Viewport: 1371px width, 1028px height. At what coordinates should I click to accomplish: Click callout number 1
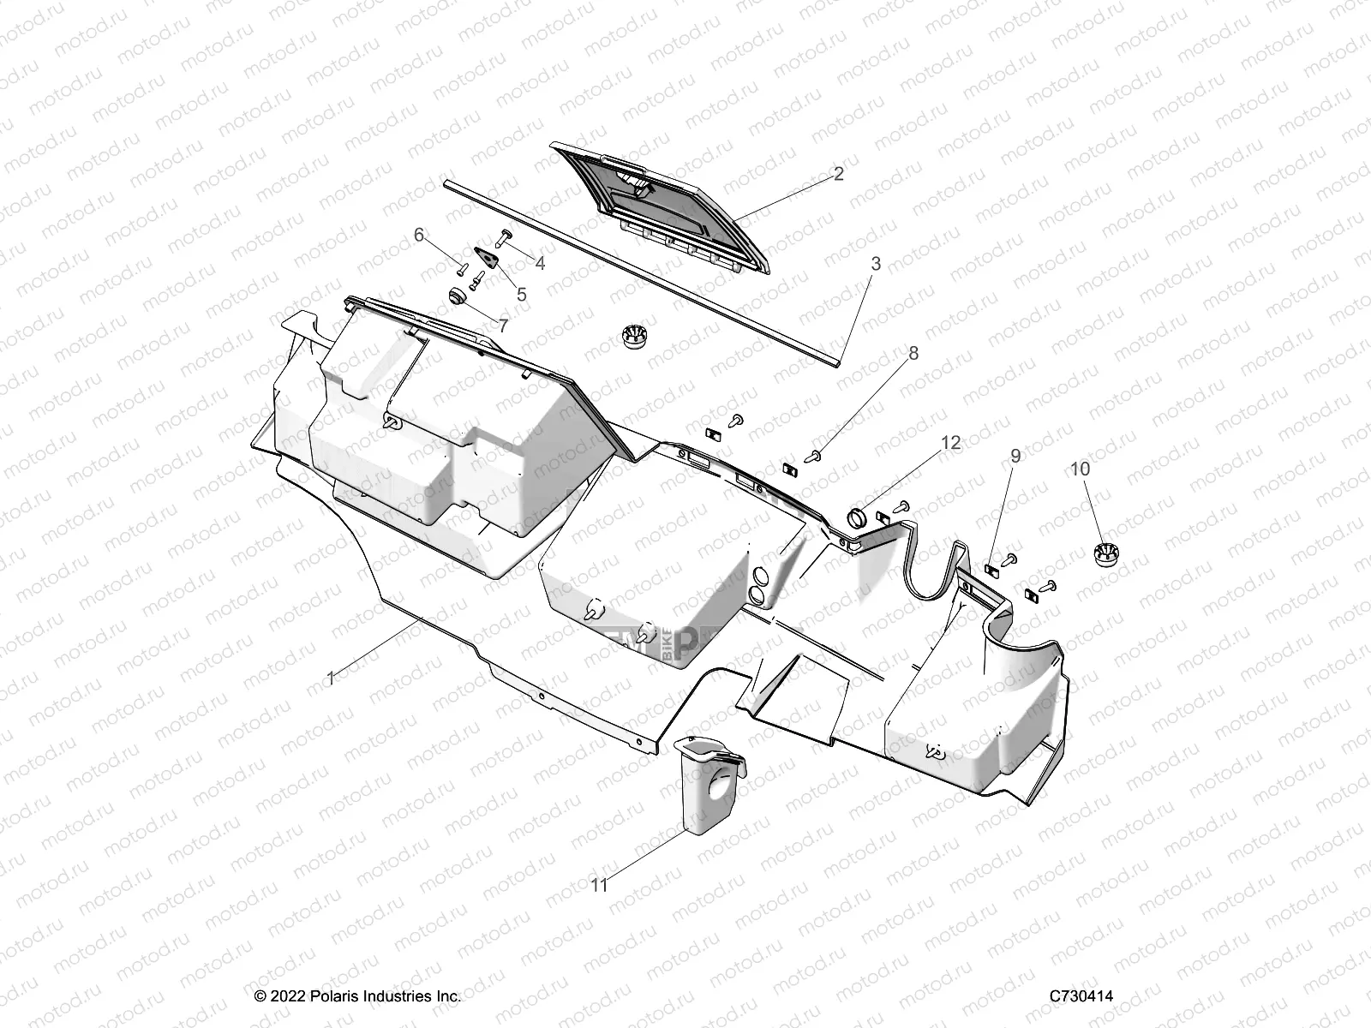pyautogui.click(x=332, y=678)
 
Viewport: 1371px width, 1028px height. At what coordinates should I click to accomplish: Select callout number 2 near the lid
pyautogui.click(x=838, y=174)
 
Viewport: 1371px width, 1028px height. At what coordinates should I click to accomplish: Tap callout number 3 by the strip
pyautogui.click(x=875, y=264)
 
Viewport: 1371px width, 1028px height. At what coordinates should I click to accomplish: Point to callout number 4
pyautogui.click(x=540, y=263)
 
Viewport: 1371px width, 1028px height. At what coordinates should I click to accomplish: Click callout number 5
pyautogui.click(x=521, y=295)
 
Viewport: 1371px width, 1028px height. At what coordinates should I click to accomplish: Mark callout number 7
pyautogui.click(x=503, y=326)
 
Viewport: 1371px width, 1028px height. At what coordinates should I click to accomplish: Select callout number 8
pyautogui.click(x=913, y=353)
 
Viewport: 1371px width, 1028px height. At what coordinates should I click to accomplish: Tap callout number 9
pyautogui.click(x=1015, y=456)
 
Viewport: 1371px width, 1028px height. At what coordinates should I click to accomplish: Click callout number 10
pyautogui.click(x=1080, y=469)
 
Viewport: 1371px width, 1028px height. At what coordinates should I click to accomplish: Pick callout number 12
pyautogui.click(x=951, y=443)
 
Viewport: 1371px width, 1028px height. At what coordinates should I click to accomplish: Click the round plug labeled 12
pyautogui.click(x=858, y=517)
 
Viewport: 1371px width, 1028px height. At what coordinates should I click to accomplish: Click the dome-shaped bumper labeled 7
pyautogui.click(x=458, y=296)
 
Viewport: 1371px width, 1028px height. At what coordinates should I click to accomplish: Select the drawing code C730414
pyautogui.click(x=1081, y=996)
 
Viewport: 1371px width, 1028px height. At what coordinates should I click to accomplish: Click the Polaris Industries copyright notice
pyautogui.click(x=358, y=996)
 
